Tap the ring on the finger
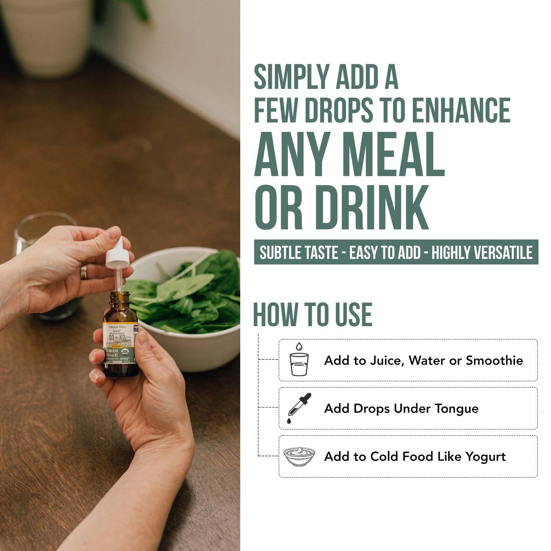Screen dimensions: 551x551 (x=84, y=271)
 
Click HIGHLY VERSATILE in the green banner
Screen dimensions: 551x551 (x=482, y=252)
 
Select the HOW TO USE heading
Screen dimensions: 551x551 (x=313, y=314)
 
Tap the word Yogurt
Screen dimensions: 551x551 (x=486, y=457)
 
